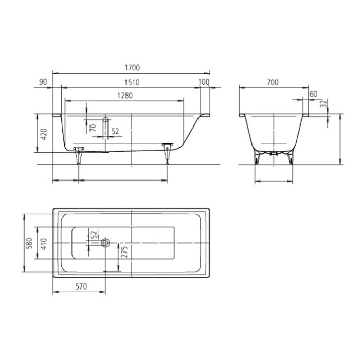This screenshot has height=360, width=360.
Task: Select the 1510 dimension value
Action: pos(132,82)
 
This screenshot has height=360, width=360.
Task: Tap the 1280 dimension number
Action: pos(125,96)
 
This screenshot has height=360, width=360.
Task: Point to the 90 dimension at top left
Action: pos(43,82)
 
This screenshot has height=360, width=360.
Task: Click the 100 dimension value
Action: pos(204,82)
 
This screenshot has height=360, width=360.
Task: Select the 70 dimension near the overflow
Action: pos(93,128)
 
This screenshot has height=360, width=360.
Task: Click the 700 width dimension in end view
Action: pos(273,82)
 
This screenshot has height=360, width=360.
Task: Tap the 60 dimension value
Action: pos(314,94)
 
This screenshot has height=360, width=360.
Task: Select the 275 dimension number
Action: pos(123,252)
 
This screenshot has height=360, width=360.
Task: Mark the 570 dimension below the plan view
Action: pos(80,286)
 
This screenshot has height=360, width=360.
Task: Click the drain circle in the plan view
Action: pos(105,242)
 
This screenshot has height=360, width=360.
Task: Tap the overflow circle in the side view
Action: pos(105,119)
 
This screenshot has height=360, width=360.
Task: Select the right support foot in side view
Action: pos(167,152)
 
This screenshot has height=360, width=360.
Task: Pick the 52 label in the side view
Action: pos(115,132)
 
